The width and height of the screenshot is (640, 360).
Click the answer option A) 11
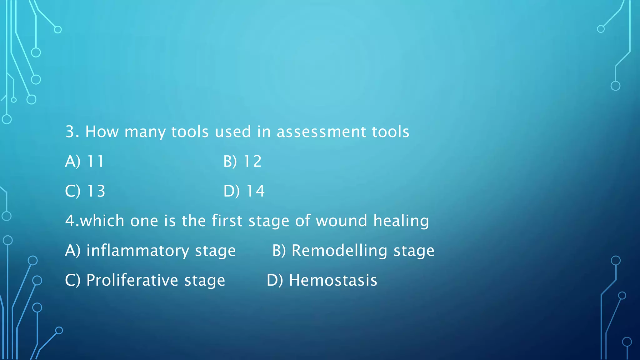pos(84,162)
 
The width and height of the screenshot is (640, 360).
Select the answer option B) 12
pos(242,162)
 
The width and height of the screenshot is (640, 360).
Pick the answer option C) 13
pos(85,191)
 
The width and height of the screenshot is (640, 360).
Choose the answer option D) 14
pos(244,191)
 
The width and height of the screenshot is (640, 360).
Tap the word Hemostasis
pos(333,280)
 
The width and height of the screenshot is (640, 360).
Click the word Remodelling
pos(339,251)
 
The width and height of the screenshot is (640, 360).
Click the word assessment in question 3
pos(321,132)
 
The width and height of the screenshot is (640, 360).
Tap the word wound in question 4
pos(341,221)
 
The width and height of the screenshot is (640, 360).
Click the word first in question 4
pos(227,221)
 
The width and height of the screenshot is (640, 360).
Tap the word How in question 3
pos(102,132)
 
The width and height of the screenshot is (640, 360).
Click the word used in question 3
pos(233,132)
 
